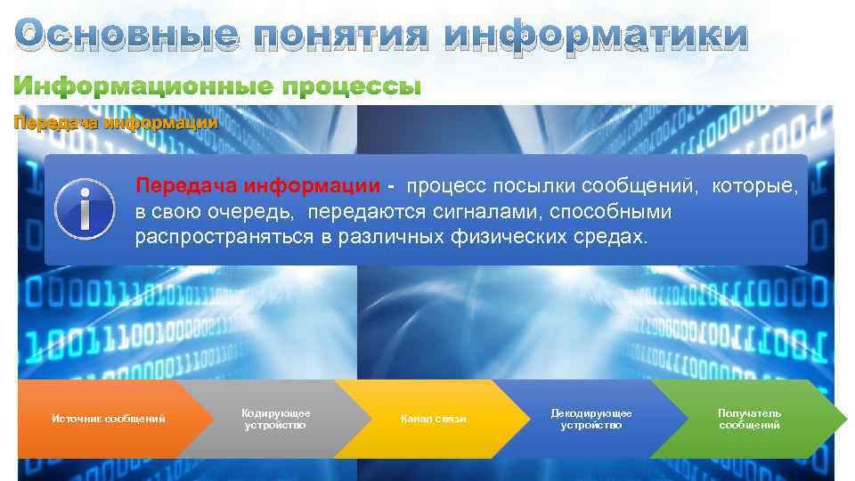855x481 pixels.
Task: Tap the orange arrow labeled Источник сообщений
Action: (107, 419)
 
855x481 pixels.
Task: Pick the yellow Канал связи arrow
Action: (434, 419)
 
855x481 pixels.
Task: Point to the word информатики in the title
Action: (596, 36)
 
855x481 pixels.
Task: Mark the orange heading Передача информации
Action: (115, 123)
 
